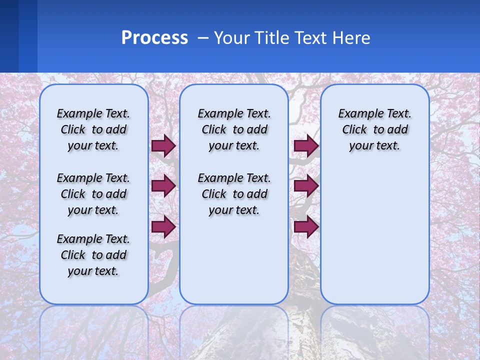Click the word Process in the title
(154, 38)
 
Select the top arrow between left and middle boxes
(163, 145)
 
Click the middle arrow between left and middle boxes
(163, 186)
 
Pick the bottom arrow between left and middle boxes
(163, 226)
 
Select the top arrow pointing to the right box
(306, 145)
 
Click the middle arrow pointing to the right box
(306, 186)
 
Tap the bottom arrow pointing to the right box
(306, 226)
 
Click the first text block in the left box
(93, 129)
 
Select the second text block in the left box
(93, 194)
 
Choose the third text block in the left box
(93, 255)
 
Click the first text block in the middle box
(234, 129)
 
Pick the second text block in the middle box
(234, 194)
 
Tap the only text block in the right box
(374, 129)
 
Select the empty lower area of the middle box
(234, 260)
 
